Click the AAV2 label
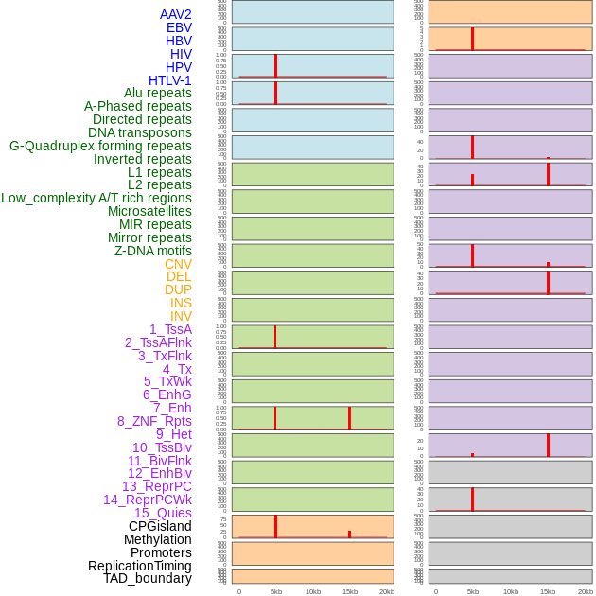(x=175, y=14)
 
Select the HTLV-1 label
(x=169, y=80)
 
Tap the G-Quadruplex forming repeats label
(x=100, y=146)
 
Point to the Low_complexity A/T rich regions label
(x=96, y=198)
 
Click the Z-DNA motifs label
(x=152, y=251)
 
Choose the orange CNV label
(x=178, y=264)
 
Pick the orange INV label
(x=181, y=316)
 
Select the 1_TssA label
(x=170, y=329)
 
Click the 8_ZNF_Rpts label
(x=154, y=421)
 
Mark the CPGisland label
(x=160, y=526)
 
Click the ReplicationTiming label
(x=139, y=566)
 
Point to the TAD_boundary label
(x=147, y=578)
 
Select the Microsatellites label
(x=149, y=211)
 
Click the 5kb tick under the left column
(x=275, y=591)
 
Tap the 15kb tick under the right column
(x=547, y=591)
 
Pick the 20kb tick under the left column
(x=386, y=591)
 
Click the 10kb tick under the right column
(x=510, y=591)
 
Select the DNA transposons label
(x=139, y=132)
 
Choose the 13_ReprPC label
(x=156, y=486)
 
